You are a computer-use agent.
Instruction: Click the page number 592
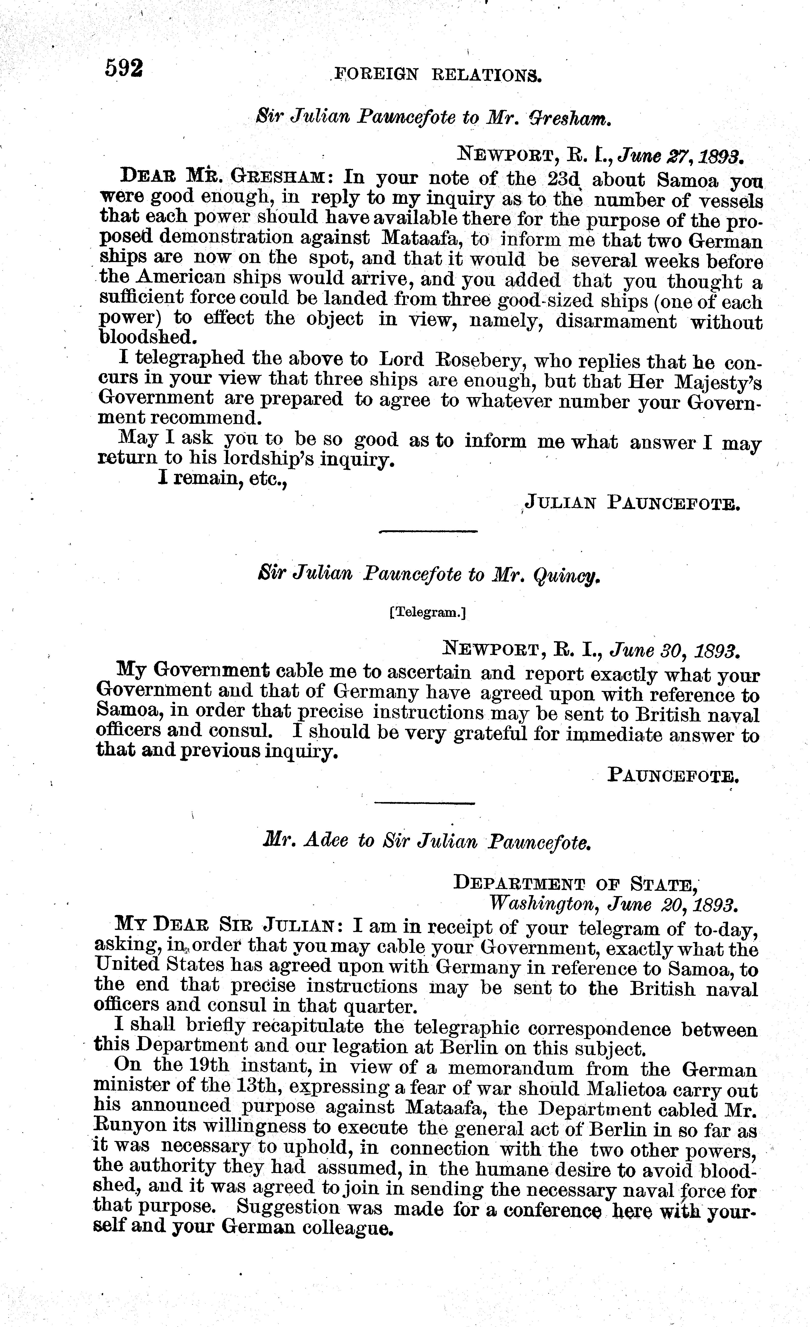[124, 69]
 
